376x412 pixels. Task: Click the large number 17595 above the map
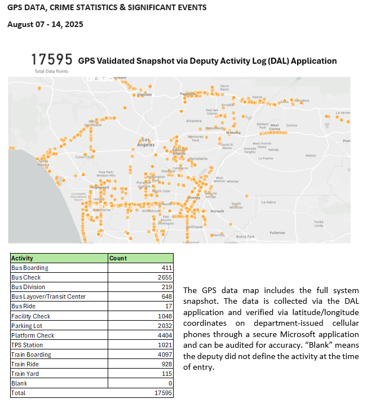pos(51,60)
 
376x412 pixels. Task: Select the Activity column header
pos(23,258)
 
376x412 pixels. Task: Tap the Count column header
pos(118,258)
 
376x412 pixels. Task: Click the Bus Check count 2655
pos(163,277)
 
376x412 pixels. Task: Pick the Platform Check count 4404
pos(163,335)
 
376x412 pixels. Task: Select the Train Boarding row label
pos(31,355)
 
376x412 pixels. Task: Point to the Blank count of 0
pos(169,383)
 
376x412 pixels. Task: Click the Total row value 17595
pos(161,393)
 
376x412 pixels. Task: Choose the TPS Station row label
pos(27,345)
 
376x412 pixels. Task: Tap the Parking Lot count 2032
pos(163,326)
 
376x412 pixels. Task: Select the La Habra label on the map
pos(268,201)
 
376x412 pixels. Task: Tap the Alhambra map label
pos(193,121)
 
